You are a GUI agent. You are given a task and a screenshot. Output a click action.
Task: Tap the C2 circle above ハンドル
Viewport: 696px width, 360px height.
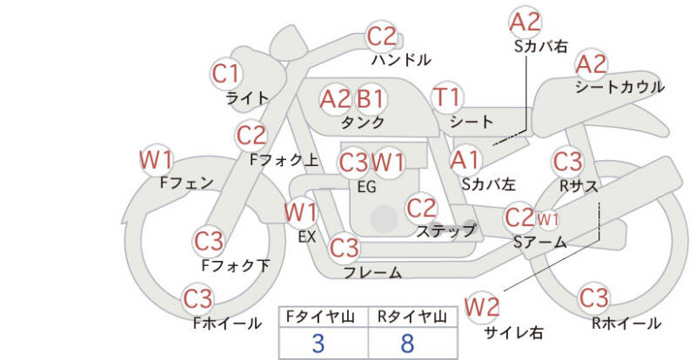point(381,37)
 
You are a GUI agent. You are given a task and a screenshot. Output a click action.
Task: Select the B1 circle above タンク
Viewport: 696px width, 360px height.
point(371,98)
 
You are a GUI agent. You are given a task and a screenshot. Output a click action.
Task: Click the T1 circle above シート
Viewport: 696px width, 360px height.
point(449,97)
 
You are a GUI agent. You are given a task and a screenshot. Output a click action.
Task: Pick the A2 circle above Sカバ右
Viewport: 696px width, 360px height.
point(525,21)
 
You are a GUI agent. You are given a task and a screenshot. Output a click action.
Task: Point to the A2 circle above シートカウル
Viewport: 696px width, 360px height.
point(592,63)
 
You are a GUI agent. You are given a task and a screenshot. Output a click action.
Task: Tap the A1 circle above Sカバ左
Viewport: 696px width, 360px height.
point(465,159)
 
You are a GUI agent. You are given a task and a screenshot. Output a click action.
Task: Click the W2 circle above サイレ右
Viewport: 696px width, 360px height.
point(482,306)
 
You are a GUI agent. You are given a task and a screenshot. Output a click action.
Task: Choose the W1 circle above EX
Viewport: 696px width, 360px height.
point(300,211)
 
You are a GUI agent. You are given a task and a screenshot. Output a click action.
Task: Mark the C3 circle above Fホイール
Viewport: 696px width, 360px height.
point(198,299)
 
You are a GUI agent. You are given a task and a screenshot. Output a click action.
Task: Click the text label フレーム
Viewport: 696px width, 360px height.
point(372,273)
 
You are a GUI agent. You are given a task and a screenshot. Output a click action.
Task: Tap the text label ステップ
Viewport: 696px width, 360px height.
point(445,230)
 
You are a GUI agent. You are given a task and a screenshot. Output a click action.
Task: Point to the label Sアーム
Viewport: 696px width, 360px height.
point(539,243)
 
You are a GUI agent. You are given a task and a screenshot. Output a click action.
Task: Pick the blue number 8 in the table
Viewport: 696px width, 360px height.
point(407,343)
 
